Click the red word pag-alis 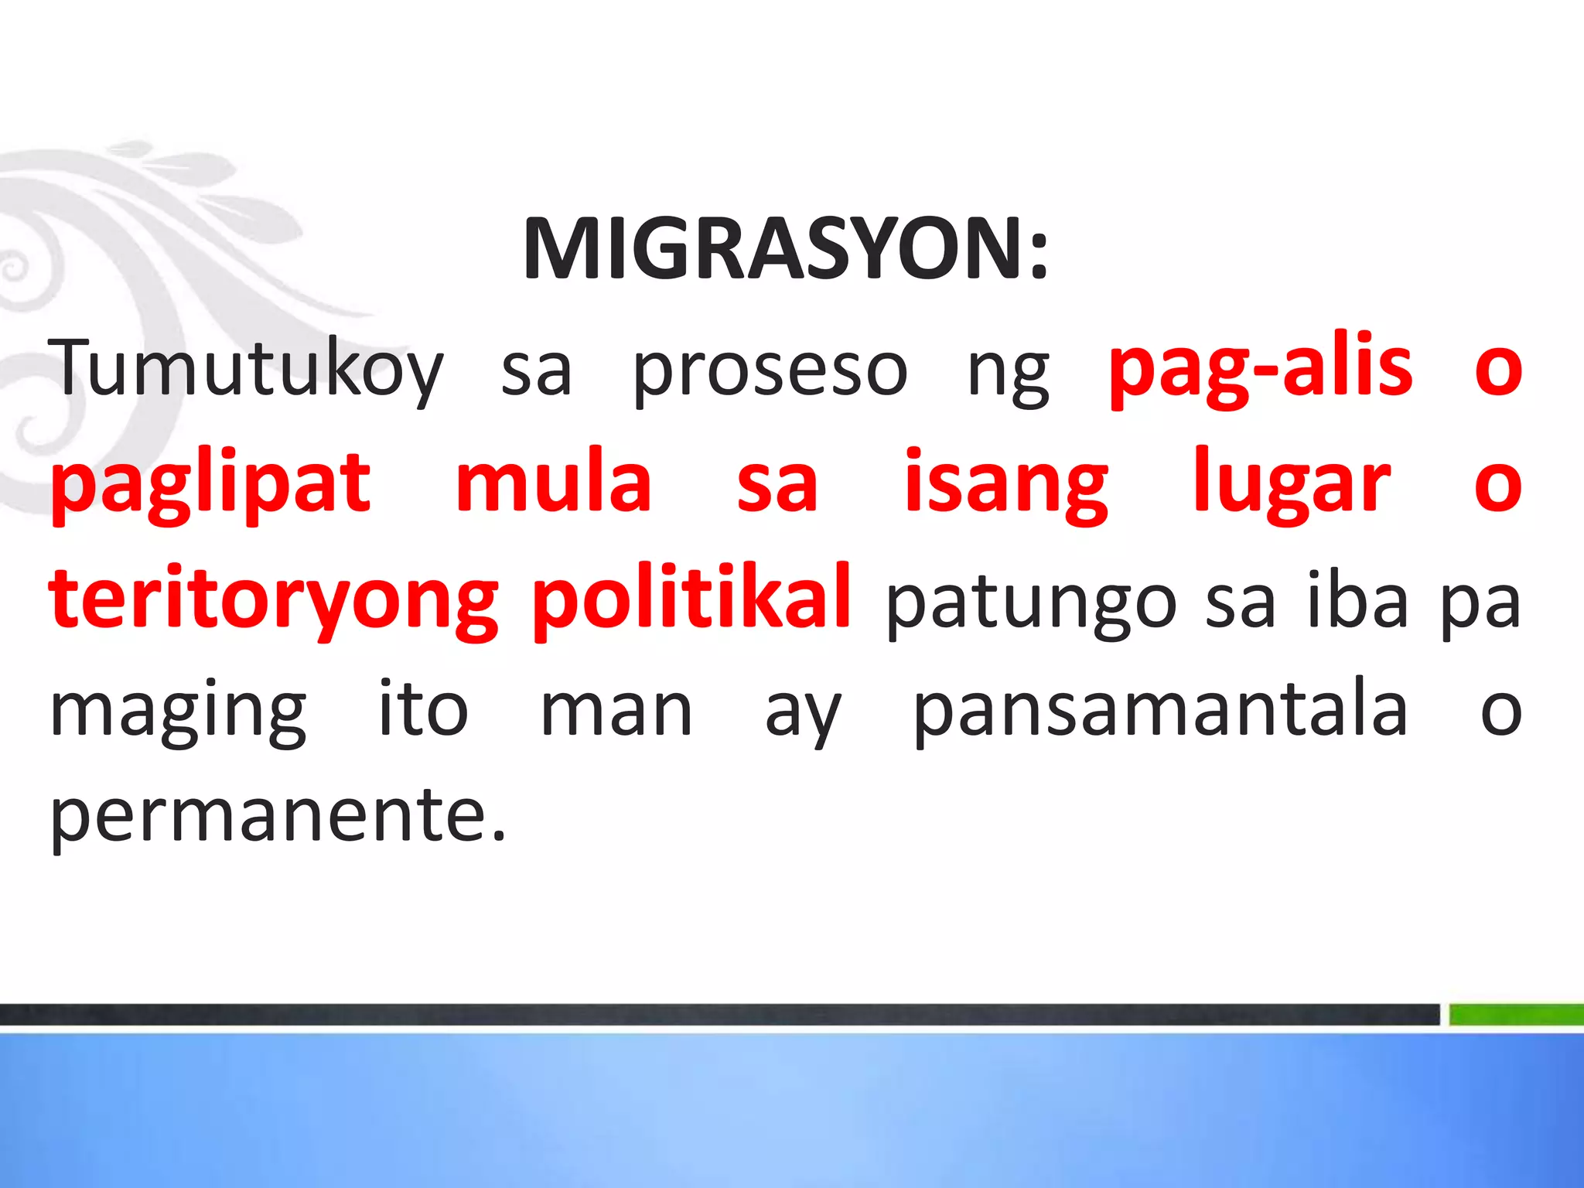tap(1261, 367)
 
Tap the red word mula tap(553, 483)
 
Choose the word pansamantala tap(1160, 710)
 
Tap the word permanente tap(278, 818)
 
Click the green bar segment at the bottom tap(1516, 1014)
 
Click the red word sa tap(777, 485)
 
